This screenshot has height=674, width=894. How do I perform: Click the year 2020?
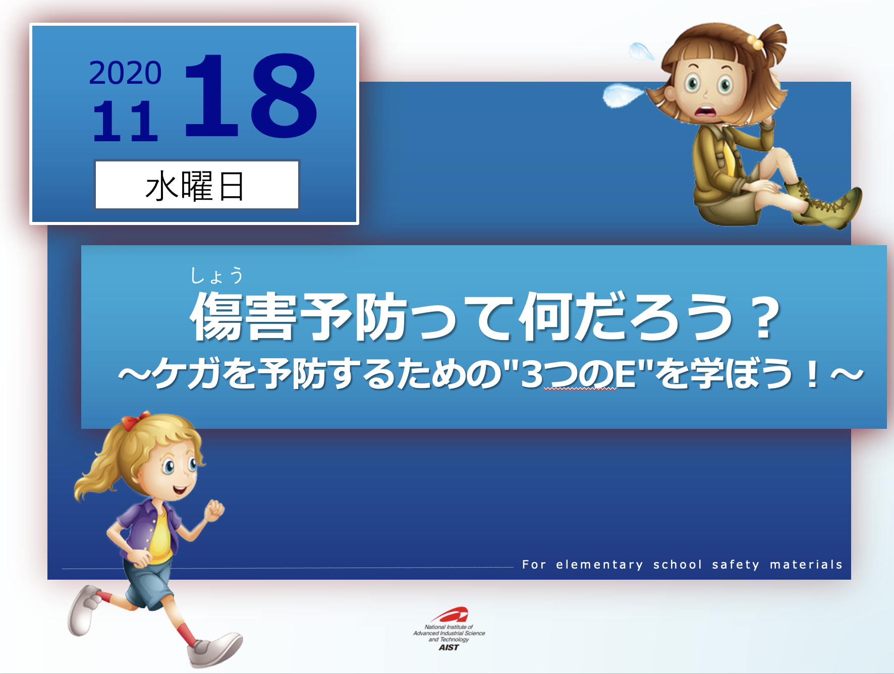125,73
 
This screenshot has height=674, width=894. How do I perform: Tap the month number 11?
125,121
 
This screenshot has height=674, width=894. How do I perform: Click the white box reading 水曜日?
197,185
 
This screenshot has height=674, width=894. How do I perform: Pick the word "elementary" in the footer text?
599,565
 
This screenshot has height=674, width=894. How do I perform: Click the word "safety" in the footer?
736,565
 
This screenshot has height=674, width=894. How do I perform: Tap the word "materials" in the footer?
806,564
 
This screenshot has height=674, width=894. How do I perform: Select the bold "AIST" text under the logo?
449,647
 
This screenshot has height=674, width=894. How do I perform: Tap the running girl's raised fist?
215,510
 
